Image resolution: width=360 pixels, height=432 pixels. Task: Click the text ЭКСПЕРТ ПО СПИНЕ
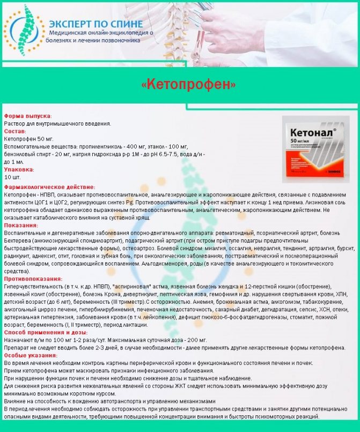click(x=95, y=24)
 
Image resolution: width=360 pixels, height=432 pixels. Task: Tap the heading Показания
click(x=21, y=226)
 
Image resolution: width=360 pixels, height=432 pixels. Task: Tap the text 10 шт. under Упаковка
click(x=12, y=177)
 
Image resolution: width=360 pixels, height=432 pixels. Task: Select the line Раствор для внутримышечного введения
click(x=57, y=123)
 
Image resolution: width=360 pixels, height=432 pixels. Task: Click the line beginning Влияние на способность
click(x=110, y=401)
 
